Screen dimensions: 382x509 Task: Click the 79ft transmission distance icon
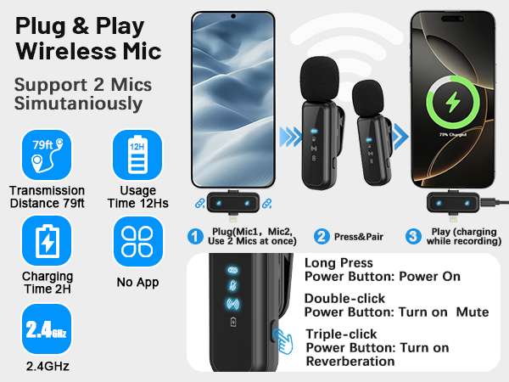point(47,155)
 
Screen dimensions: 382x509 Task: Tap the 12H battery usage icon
point(137,155)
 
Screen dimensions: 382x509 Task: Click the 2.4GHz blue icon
point(47,330)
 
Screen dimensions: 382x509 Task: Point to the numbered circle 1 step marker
point(195,237)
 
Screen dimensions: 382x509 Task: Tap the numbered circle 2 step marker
point(322,237)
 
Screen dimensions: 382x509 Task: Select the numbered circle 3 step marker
point(413,237)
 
